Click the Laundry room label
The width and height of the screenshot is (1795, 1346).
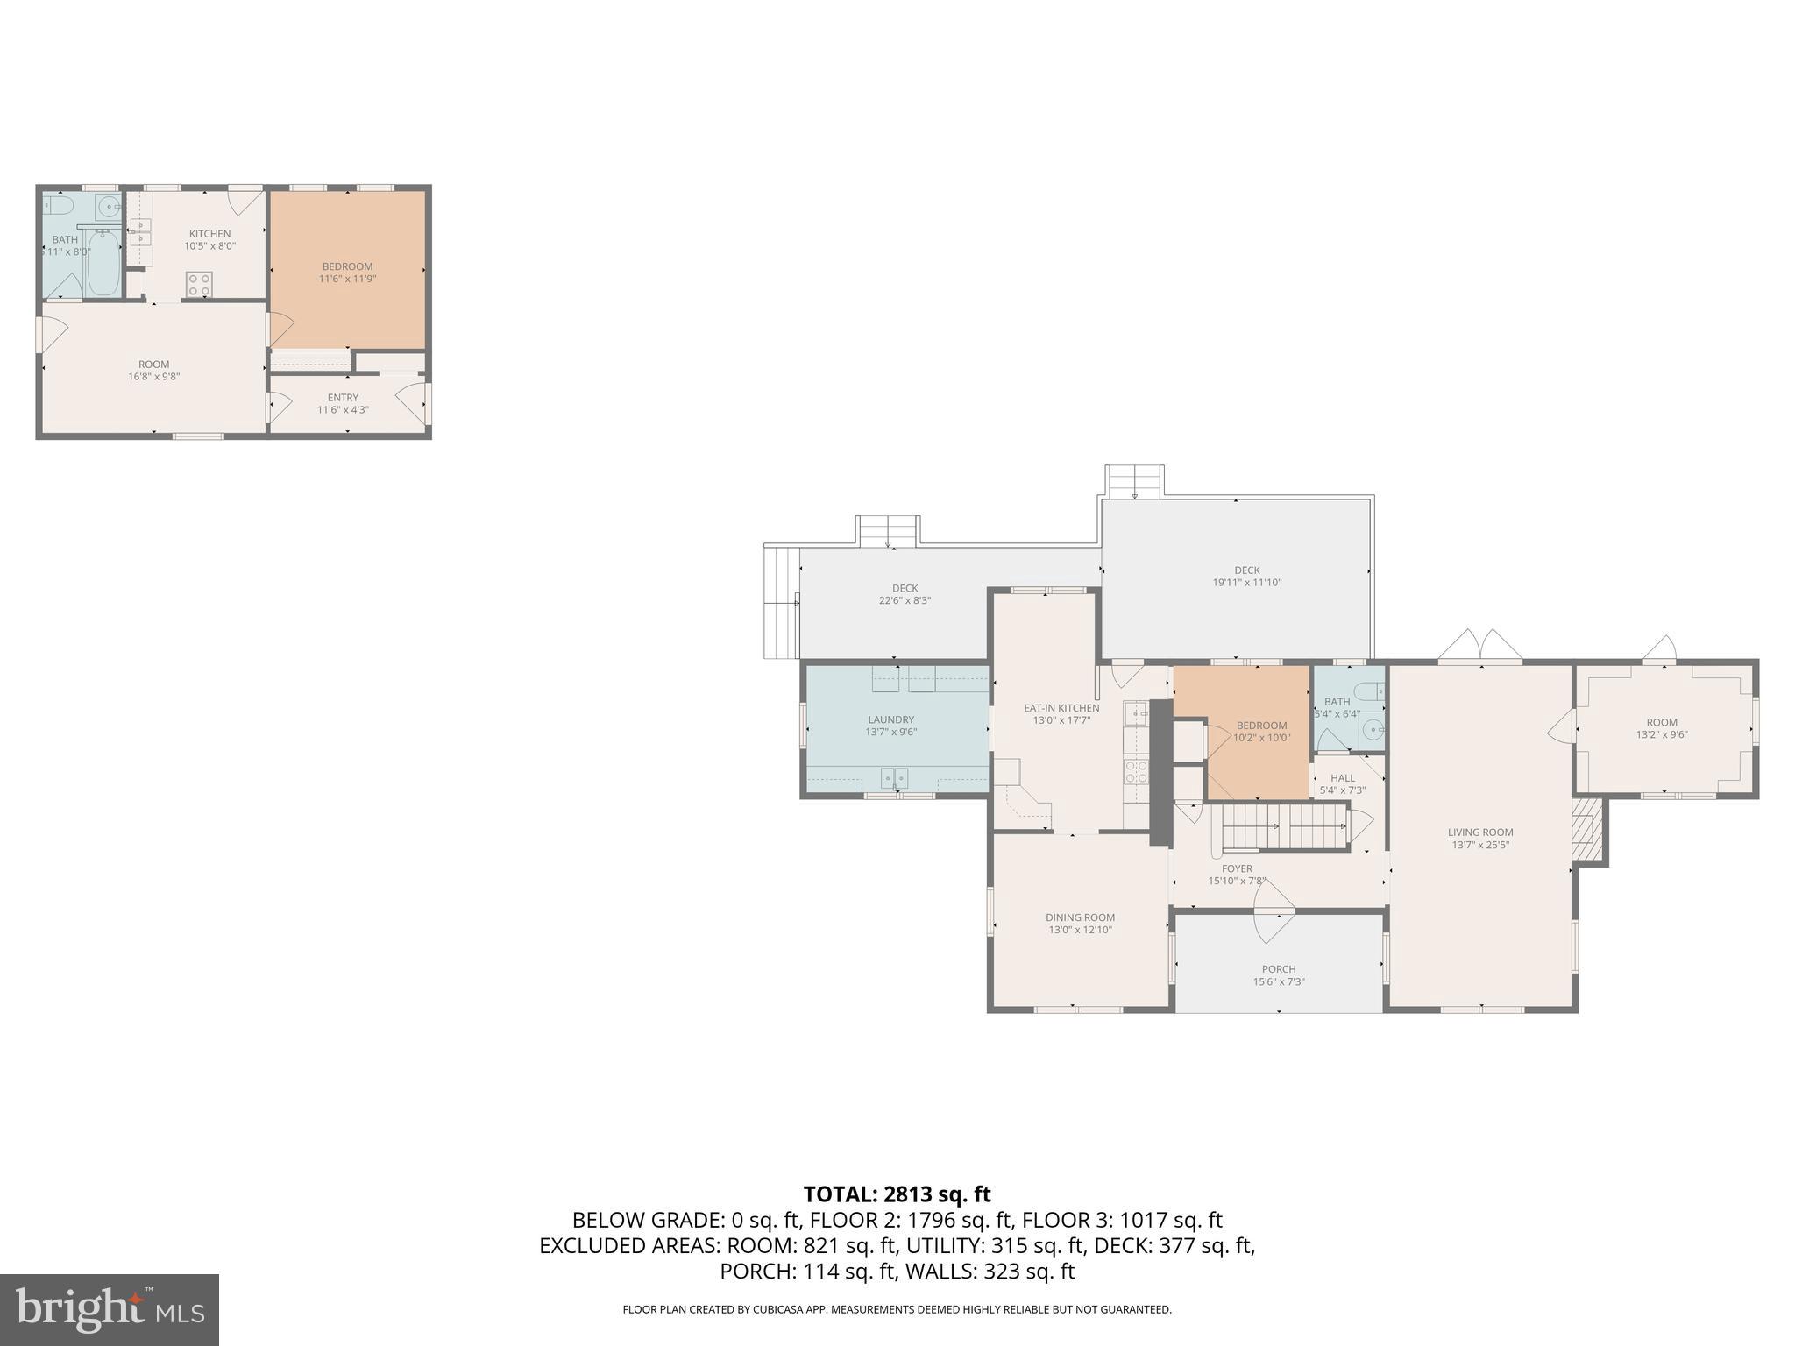(890, 719)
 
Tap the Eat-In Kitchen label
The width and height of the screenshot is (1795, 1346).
(1061, 708)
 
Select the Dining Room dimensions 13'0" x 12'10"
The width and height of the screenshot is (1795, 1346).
(1080, 930)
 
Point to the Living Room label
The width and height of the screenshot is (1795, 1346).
(1479, 832)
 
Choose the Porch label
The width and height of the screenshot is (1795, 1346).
(1279, 969)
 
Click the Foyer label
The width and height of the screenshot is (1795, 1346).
(1237, 868)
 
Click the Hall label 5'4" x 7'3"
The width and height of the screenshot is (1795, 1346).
(1342, 778)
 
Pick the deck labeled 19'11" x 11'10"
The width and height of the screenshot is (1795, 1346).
(1246, 576)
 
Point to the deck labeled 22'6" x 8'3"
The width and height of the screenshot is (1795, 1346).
(905, 594)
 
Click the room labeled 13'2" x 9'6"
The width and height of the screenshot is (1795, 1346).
(1661, 728)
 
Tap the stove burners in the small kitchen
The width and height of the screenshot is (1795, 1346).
(199, 284)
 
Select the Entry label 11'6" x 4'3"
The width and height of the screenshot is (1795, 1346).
(343, 403)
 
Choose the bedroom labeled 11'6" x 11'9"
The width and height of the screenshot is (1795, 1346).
(347, 273)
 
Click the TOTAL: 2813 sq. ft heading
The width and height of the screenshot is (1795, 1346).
(897, 1194)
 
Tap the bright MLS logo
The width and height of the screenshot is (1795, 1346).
(110, 1310)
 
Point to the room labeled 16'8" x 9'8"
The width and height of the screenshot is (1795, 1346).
(153, 370)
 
